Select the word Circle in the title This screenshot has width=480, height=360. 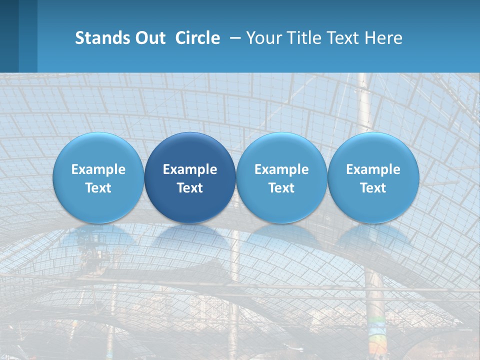coord(197,38)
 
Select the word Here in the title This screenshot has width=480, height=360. coord(384,38)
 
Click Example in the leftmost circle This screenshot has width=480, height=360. coord(98,169)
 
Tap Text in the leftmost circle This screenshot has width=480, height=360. coord(98,188)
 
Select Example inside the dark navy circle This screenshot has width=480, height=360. coord(190,169)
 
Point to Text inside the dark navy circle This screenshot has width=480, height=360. coord(190,188)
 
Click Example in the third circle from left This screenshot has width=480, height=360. coord(281,169)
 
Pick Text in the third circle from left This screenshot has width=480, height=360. coord(281,188)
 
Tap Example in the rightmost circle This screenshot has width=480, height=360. coord(373,169)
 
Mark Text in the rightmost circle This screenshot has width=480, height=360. coord(373,188)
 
